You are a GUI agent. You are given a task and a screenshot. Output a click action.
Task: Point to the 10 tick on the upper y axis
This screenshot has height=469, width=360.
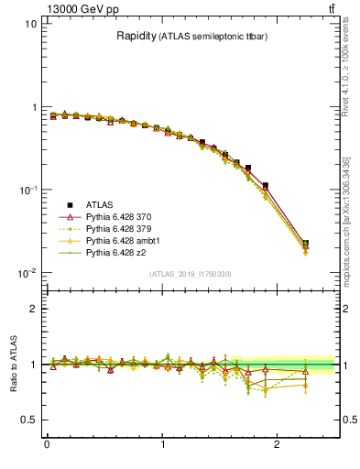pos(30,24)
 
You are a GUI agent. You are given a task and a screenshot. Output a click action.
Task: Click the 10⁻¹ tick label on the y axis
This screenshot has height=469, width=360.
pos(27,190)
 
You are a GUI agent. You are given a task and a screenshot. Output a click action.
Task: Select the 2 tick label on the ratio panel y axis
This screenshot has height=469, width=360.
pos(33,309)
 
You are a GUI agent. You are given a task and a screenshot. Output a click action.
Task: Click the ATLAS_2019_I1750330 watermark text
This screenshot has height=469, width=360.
pos(191,274)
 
